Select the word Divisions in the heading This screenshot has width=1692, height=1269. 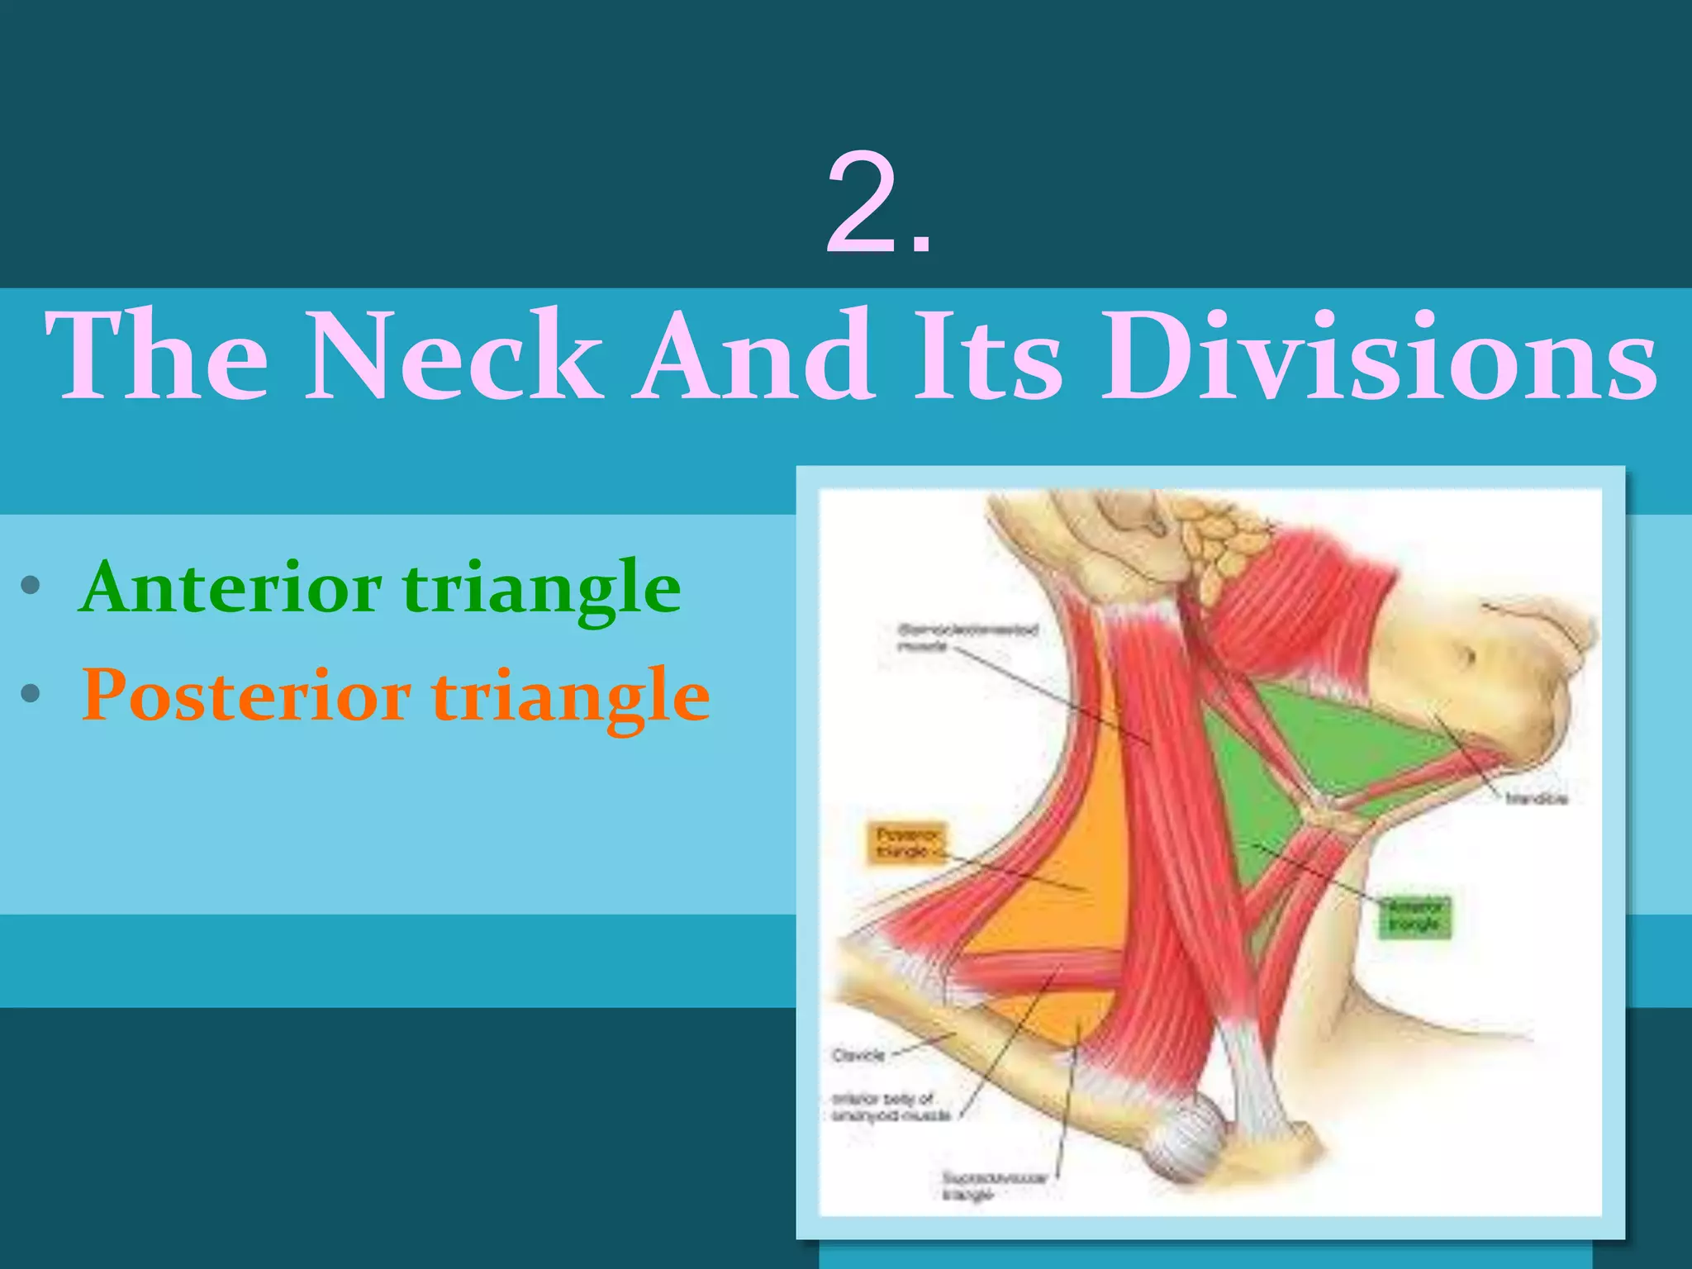coord(1379,355)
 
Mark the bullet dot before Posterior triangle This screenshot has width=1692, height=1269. coord(31,693)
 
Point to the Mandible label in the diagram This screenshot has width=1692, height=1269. coord(1536,799)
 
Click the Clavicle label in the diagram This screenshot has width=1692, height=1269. coord(858,1055)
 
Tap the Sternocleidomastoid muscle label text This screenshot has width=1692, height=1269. coord(967,637)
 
